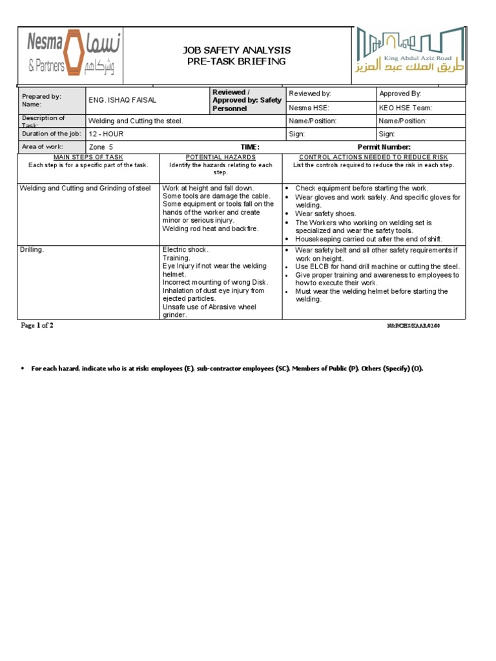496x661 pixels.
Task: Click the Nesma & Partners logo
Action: [x=70, y=55]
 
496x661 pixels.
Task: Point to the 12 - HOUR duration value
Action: [x=106, y=134]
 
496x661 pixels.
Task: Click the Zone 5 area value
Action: [x=101, y=147]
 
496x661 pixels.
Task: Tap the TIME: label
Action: [x=250, y=147]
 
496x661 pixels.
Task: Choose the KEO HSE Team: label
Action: [x=406, y=108]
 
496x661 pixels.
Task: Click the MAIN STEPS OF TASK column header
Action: [x=88, y=157]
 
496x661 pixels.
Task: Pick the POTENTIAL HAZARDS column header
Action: [x=220, y=157]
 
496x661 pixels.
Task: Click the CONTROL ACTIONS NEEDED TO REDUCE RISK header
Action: [x=373, y=157]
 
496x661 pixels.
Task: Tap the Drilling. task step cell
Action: [x=32, y=250]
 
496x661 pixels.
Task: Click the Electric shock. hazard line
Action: [x=185, y=249]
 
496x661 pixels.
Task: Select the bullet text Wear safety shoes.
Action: [x=325, y=214]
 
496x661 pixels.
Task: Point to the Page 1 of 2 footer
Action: [x=37, y=326]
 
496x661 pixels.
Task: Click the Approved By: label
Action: [x=400, y=94]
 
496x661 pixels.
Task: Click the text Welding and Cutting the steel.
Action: [x=136, y=121]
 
